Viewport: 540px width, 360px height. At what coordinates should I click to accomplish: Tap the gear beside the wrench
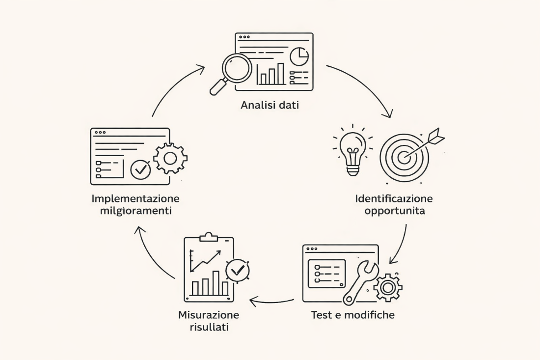coord(388,287)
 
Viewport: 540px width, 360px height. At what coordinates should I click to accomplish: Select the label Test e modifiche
coord(352,315)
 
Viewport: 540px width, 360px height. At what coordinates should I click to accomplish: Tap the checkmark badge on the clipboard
coord(238,270)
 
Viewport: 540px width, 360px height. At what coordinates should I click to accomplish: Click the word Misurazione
coord(209,315)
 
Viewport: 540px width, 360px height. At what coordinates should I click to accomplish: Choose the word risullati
coord(209,327)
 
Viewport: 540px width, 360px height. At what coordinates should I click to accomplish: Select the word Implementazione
coord(135,199)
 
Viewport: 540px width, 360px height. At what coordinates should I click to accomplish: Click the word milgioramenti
coord(135,211)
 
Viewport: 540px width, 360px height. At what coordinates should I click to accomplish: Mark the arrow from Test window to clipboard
coord(272,299)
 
